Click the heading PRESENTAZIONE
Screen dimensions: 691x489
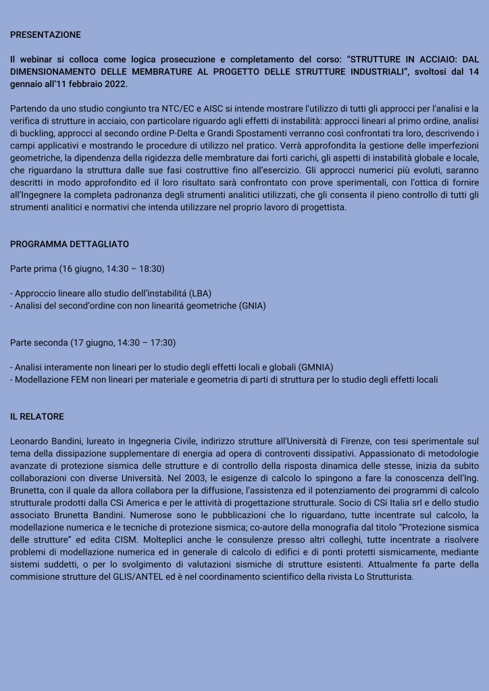point(45,34)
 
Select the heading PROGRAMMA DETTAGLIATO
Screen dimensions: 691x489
point(70,244)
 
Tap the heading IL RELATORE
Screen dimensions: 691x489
point(37,416)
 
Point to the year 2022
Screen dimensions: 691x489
point(113,84)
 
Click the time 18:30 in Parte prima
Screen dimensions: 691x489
point(151,269)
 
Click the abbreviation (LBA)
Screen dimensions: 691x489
point(199,293)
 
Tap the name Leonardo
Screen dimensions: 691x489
point(30,441)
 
